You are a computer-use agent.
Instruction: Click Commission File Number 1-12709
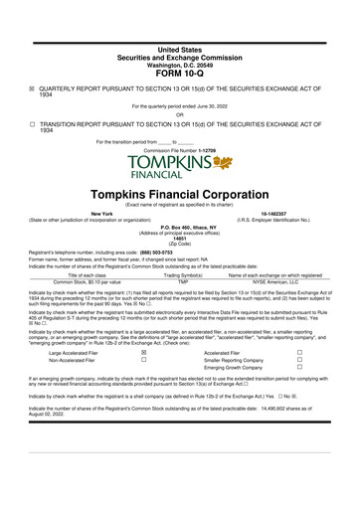click(179, 150)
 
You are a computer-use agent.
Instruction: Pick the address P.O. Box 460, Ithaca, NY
click(179, 228)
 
